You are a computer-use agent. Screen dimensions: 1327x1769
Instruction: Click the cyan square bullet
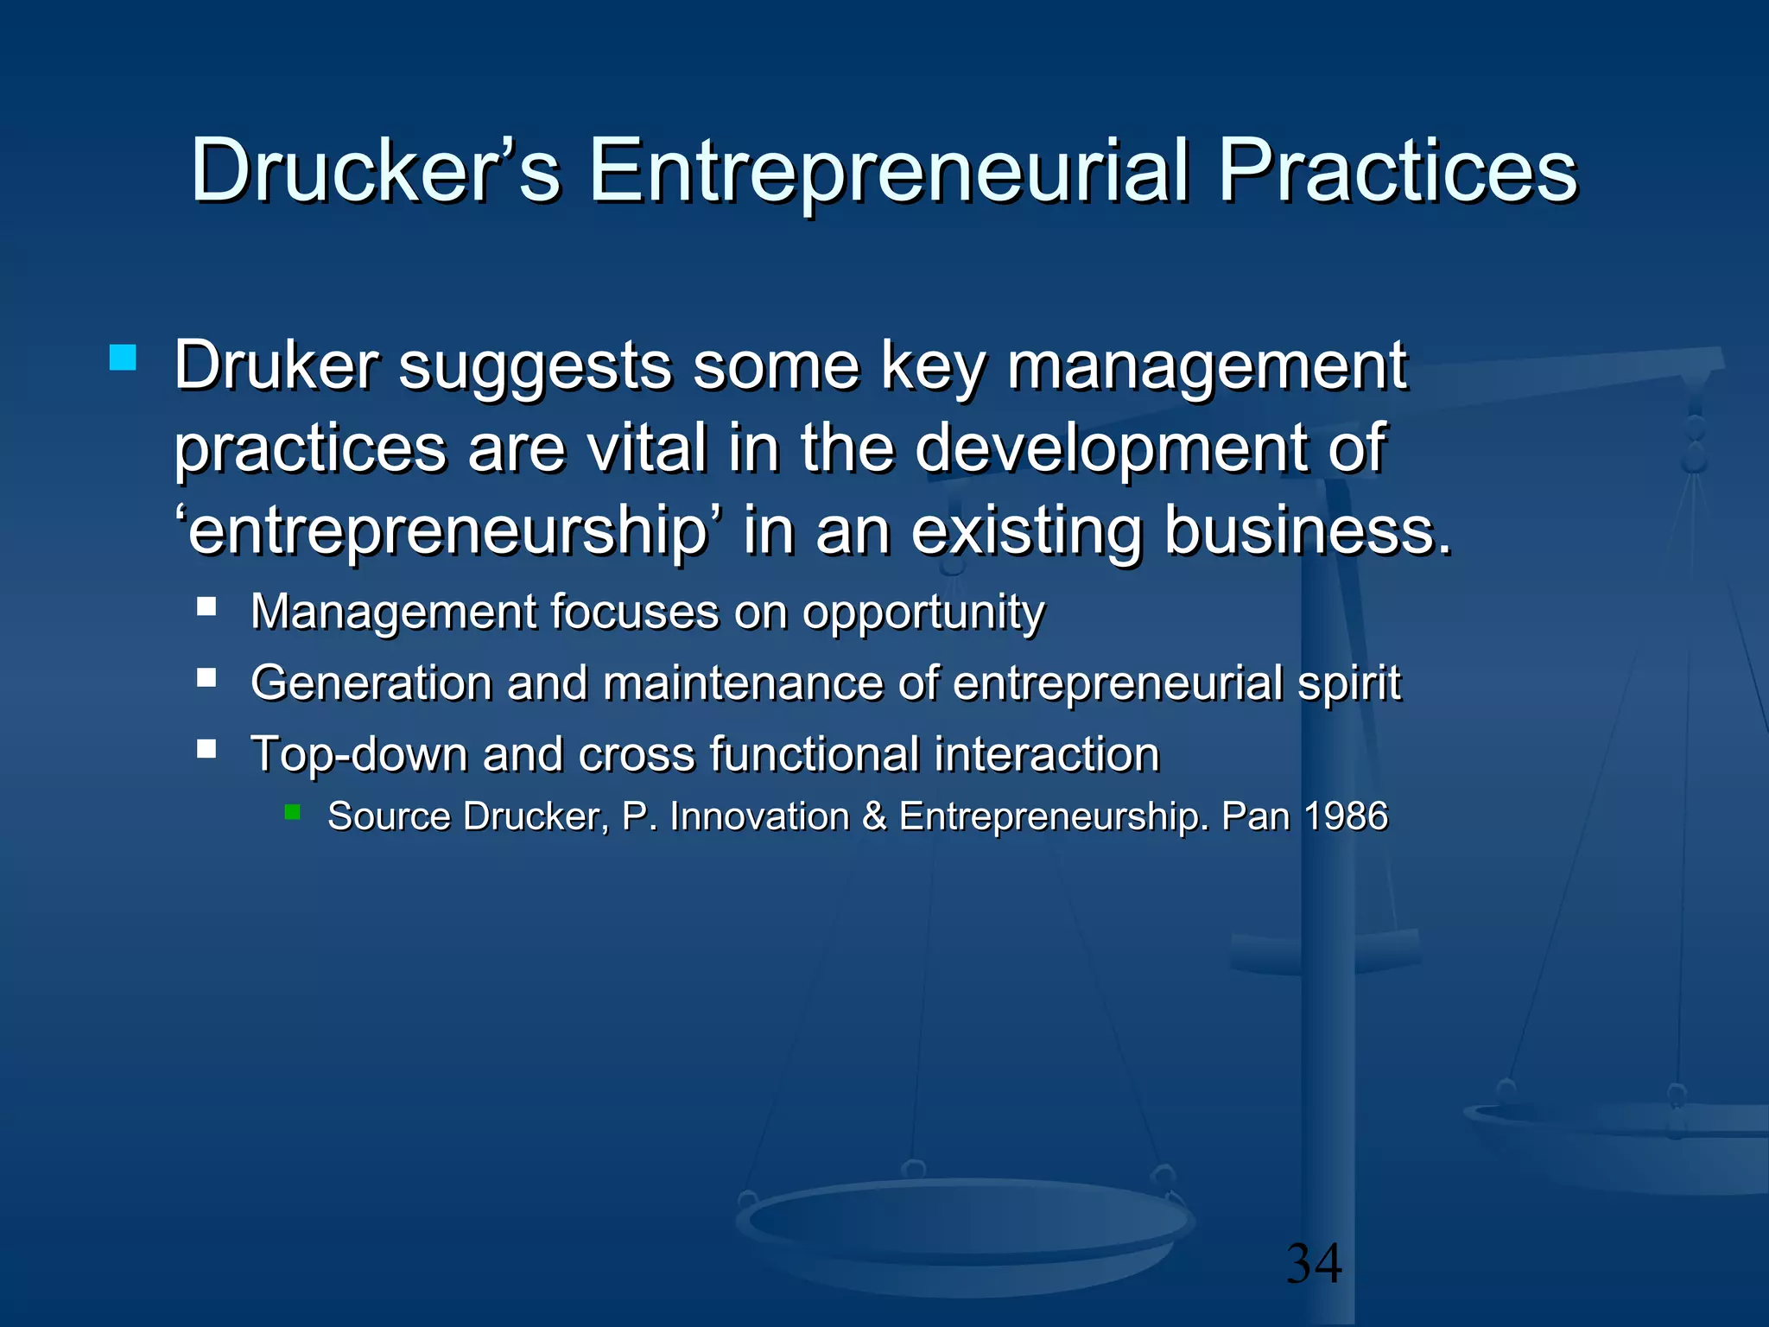123,358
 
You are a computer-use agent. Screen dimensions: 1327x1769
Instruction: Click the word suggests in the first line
535,367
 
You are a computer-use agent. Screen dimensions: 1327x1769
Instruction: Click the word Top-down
358,755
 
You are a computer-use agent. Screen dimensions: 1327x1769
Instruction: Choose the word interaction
1046,754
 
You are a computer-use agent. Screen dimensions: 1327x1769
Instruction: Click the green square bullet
293,811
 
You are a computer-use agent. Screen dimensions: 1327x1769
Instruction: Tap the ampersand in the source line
874,816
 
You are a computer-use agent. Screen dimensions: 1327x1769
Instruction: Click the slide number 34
1314,1263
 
